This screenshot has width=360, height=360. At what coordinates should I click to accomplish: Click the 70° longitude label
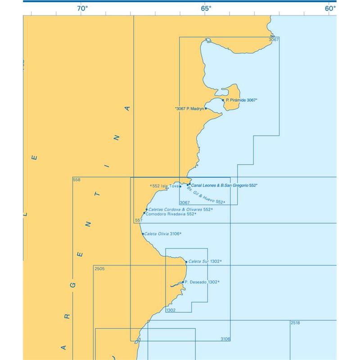click(82, 8)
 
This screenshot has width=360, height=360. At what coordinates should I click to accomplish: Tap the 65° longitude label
click(206, 8)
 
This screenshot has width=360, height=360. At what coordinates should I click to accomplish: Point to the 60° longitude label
click(330, 8)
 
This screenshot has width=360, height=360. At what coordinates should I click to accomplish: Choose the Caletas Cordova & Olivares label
click(180, 209)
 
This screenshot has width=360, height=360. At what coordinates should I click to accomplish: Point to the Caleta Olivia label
click(163, 234)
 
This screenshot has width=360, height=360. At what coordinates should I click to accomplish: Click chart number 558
click(76, 180)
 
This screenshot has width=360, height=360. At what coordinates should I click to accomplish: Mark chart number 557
click(139, 220)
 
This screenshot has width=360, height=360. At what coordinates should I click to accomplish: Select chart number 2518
click(295, 323)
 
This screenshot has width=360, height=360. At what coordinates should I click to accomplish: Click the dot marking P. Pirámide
click(223, 100)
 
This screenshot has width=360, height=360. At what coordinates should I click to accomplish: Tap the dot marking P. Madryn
click(206, 108)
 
